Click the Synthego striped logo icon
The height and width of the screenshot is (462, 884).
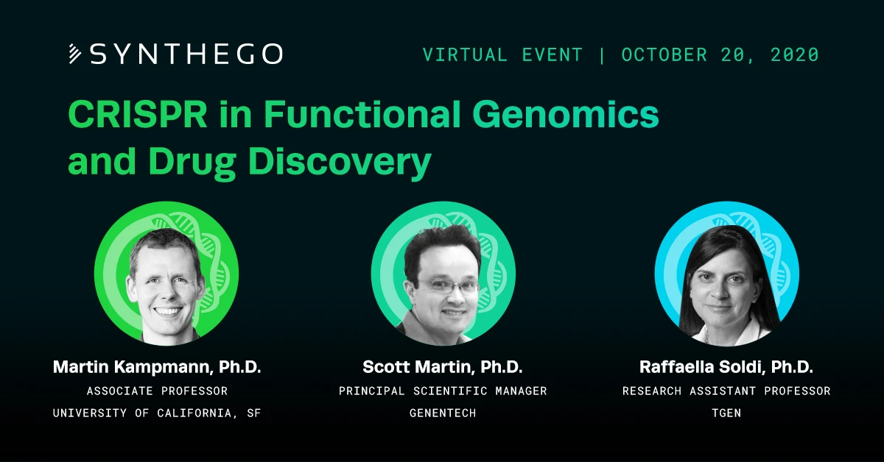[75, 54]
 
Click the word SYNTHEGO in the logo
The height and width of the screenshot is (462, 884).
[186, 54]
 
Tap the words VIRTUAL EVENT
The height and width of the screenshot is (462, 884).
[502, 54]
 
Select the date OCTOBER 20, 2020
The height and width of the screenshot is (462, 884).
[720, 54]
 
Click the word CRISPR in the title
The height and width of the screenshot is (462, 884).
[138, 114]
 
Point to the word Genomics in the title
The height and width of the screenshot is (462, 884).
[566, 114]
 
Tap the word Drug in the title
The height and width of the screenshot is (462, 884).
[192, 163]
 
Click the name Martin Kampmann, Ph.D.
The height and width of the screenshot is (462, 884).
[157, 367]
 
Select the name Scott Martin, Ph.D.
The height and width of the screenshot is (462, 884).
[443, 367]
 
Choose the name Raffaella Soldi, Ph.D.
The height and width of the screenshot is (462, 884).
[726, 367]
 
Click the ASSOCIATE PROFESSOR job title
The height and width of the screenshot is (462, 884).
[157, 391]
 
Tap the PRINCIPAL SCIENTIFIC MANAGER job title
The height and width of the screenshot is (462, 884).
[443, 391]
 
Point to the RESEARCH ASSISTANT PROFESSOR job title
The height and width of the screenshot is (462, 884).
[726, 391]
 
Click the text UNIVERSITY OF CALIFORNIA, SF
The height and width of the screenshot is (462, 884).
[157, 413]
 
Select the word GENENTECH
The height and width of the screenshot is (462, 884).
[443, 413]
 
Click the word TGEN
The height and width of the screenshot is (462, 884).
[726, 413]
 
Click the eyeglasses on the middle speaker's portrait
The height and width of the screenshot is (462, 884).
[449, 285]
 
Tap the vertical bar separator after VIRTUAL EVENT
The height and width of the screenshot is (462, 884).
[603, 54]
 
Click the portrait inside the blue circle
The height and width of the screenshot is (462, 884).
[726, 284]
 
